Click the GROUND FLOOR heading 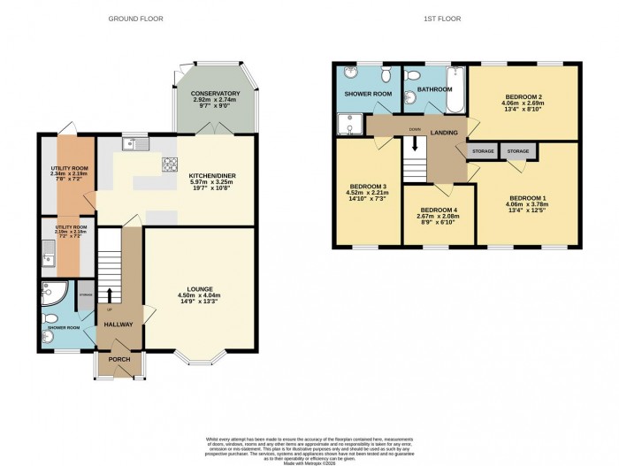click(x=135, y=19)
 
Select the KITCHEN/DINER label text click(x=212, y=176)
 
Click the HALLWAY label click(x=118, y=325)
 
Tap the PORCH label click(x=119, y=360)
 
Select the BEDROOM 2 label click(x=523, y=95)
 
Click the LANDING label click(x=444, y=133)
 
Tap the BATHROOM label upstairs click(x=434, y=89)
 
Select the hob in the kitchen click(x=170, y=164)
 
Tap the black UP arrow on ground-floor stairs click(x=111, y=295)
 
